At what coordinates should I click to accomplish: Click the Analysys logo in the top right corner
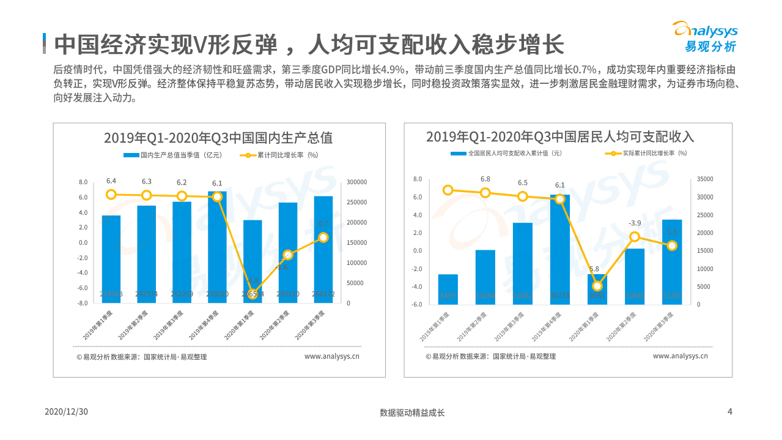point(704,37)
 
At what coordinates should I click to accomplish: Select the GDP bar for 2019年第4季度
point(217,247)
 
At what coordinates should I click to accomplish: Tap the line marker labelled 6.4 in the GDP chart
point(111,195)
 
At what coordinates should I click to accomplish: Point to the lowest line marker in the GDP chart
point(253,294)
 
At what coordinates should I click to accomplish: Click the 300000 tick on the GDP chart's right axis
point(356,182)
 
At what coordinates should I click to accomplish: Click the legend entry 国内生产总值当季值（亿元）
point(172,155)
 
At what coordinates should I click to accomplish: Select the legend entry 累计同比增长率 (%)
point(279,155)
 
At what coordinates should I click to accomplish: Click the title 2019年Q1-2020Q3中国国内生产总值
point(218,138)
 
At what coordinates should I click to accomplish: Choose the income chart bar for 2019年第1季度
point(448,289)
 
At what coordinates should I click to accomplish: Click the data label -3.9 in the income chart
point(635,223)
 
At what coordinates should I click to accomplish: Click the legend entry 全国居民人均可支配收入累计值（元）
point(507,153)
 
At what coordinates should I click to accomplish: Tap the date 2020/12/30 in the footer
point(67,412)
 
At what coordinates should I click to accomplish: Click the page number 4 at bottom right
point(729,411)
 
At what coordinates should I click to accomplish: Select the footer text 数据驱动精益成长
point(412,412)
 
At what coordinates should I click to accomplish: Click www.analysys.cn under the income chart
point(680,356)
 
